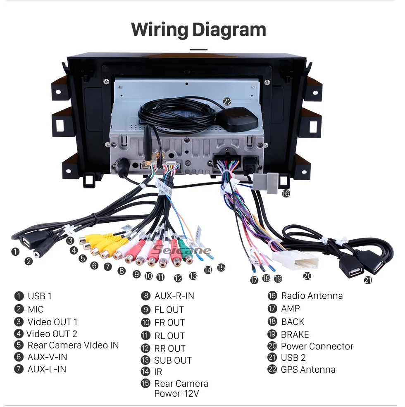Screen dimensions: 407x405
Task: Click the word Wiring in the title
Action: point(159,30)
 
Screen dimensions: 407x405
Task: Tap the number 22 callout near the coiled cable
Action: point(227,101)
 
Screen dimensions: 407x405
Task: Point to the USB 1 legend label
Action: point(40,296)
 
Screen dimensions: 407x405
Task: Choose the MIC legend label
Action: point(36,309)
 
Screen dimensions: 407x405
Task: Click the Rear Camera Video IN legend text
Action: point(73,345)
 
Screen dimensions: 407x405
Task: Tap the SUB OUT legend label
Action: point(173,360)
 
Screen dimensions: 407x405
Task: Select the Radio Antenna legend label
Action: point(312,296)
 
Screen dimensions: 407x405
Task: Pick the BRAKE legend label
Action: point(295,334)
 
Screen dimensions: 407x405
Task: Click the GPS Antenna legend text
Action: point(308,369)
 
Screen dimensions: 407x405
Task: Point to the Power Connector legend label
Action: point(317,346)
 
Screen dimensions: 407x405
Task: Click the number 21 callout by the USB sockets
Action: point(368,280)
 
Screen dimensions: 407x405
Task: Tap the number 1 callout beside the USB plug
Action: point(15,251)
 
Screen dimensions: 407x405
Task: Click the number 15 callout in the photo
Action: point(221,268)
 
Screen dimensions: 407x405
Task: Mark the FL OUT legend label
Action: point(169,309)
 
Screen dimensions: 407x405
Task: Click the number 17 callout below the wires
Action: point(254,280)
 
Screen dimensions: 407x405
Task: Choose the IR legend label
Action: point(158,372)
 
